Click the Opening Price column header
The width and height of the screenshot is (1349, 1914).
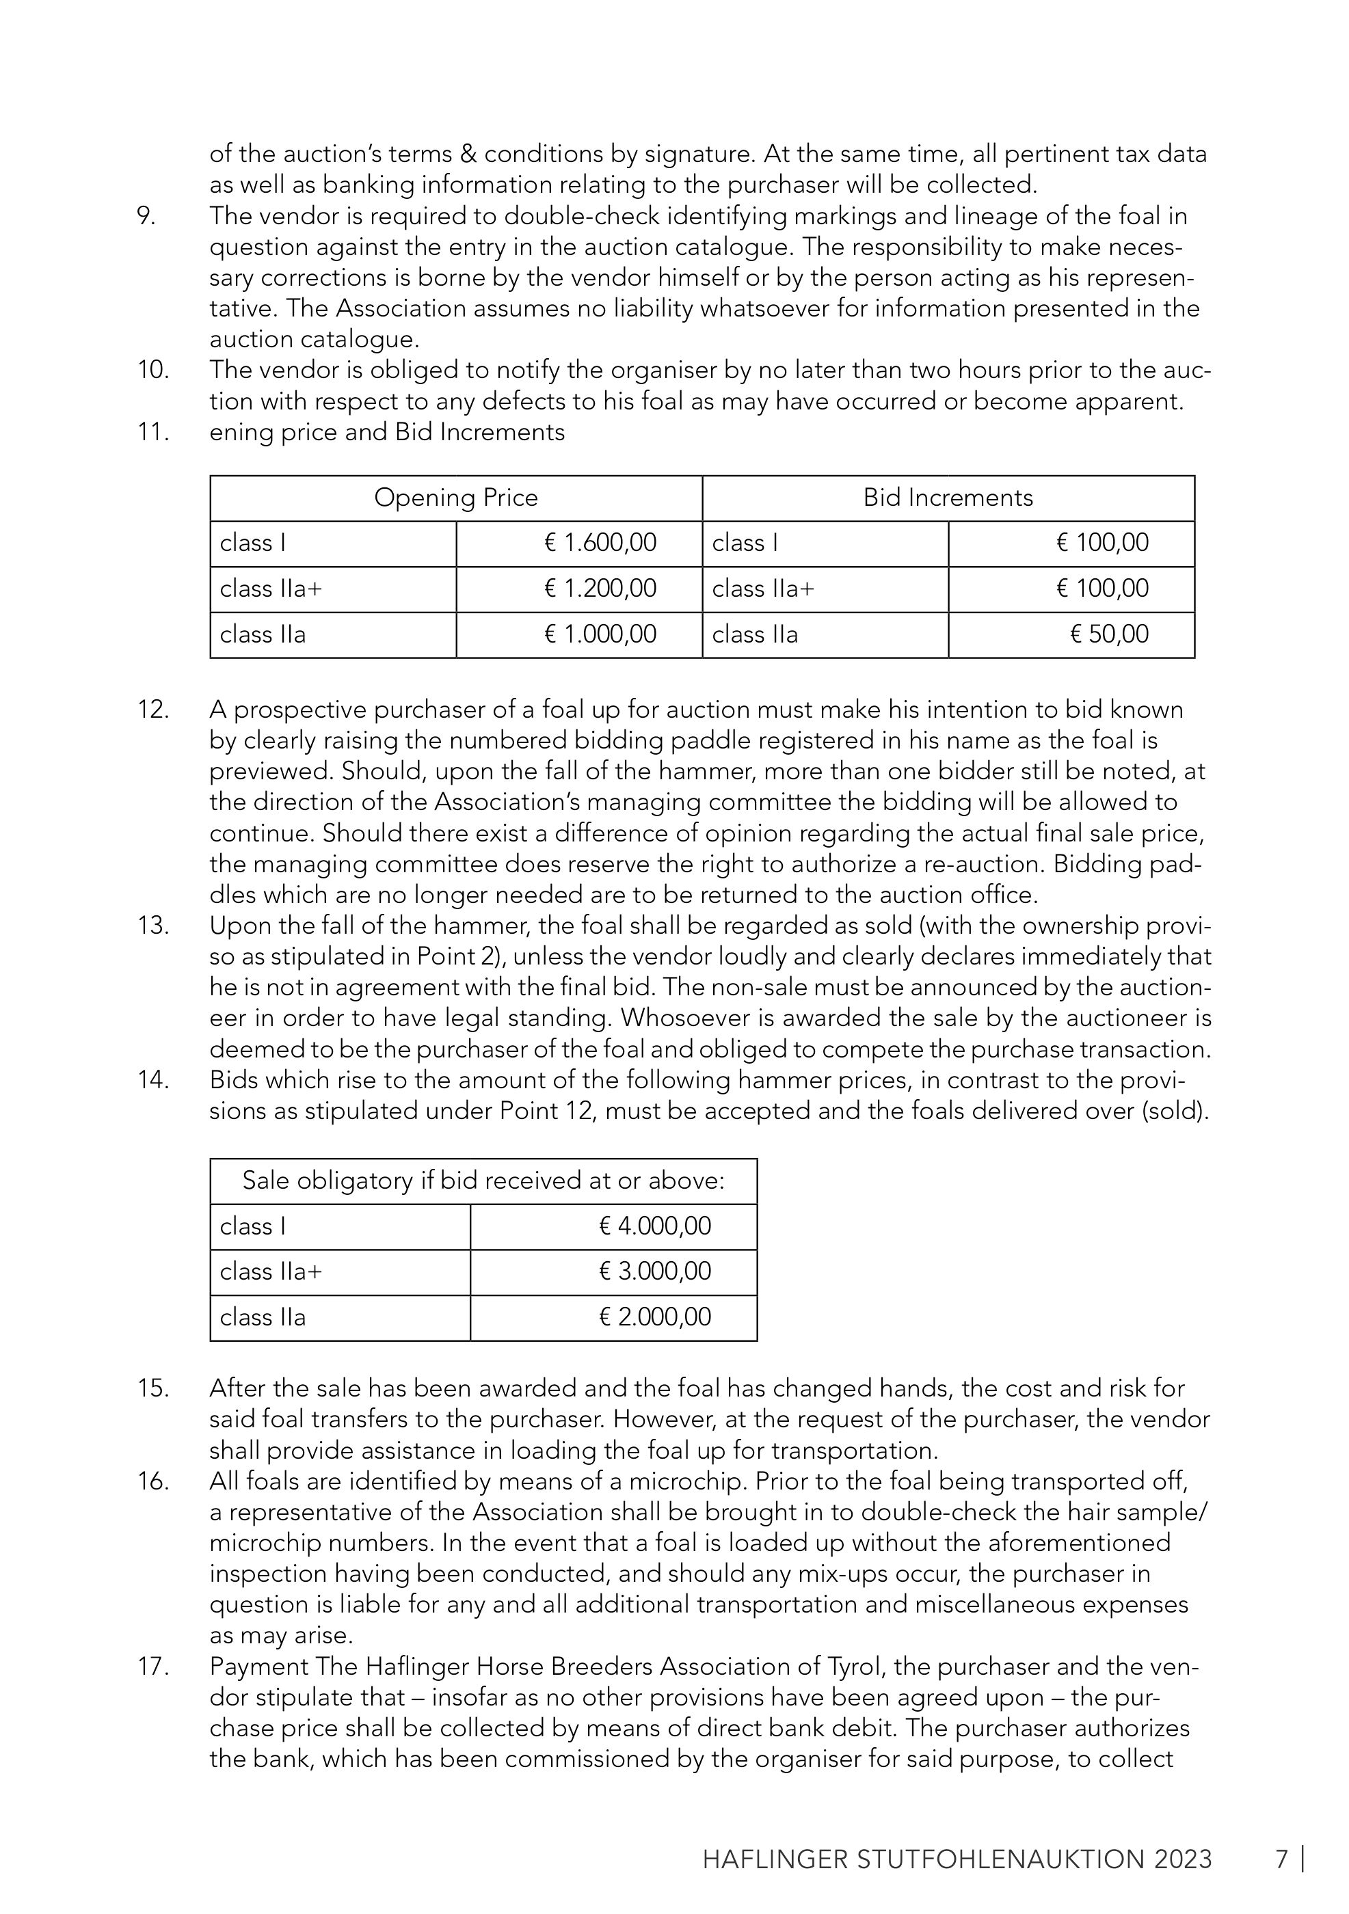(x=455, y=498)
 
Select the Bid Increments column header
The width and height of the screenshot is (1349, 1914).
(x=948, y=498)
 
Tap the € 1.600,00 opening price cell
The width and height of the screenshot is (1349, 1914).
(x=600, y=543)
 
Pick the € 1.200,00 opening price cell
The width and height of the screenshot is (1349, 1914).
(x=600, y=589)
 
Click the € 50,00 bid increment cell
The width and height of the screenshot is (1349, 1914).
(x=1109, y=634)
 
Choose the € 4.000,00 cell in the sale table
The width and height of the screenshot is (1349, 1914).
(x=654, y=1226)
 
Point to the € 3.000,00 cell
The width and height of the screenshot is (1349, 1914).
(x=654, y=1271)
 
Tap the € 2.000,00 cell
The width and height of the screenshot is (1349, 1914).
(x=654, y=1317)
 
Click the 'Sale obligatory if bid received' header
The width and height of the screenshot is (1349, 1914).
(x=483, y=1181)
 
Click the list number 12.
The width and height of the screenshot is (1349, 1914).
(x=153, y=710)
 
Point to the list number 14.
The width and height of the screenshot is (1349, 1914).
(x=153, y=1080)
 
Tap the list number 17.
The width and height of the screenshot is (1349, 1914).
(x=153, y=1667)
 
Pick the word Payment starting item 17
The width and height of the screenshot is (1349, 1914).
(x=259, y=1667)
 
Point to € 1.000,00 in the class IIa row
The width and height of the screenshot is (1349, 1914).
(x=600, y=634)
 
